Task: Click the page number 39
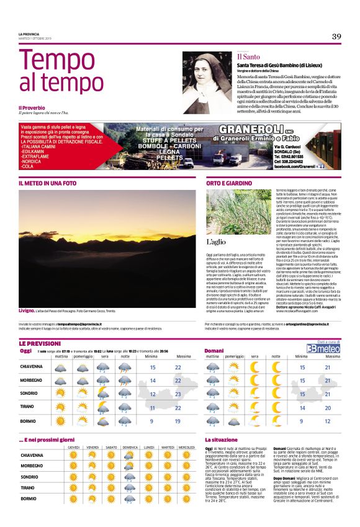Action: click(336, 37)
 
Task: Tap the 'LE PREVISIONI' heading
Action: click(39, 343)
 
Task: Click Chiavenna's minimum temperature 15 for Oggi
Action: click(153, 367)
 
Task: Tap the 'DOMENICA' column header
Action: click(130, 447)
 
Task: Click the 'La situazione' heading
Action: click(222, 439)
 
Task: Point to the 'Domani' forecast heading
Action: click(214, 350)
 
